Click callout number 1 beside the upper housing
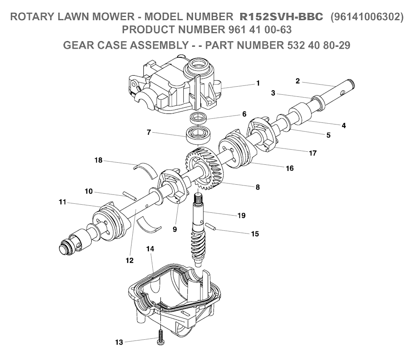point(258,83)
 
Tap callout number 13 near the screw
point(119,342)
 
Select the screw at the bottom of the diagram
point(160,337)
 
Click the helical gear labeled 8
point(204,168)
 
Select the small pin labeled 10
point(130,196)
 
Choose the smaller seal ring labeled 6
point(198,118)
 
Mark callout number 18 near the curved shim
point(99,160)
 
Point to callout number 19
point(241,216)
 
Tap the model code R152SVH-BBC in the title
point(281,17)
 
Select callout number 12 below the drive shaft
point(129,261)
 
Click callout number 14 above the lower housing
point(150,249)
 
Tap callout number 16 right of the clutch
point(290,168)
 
